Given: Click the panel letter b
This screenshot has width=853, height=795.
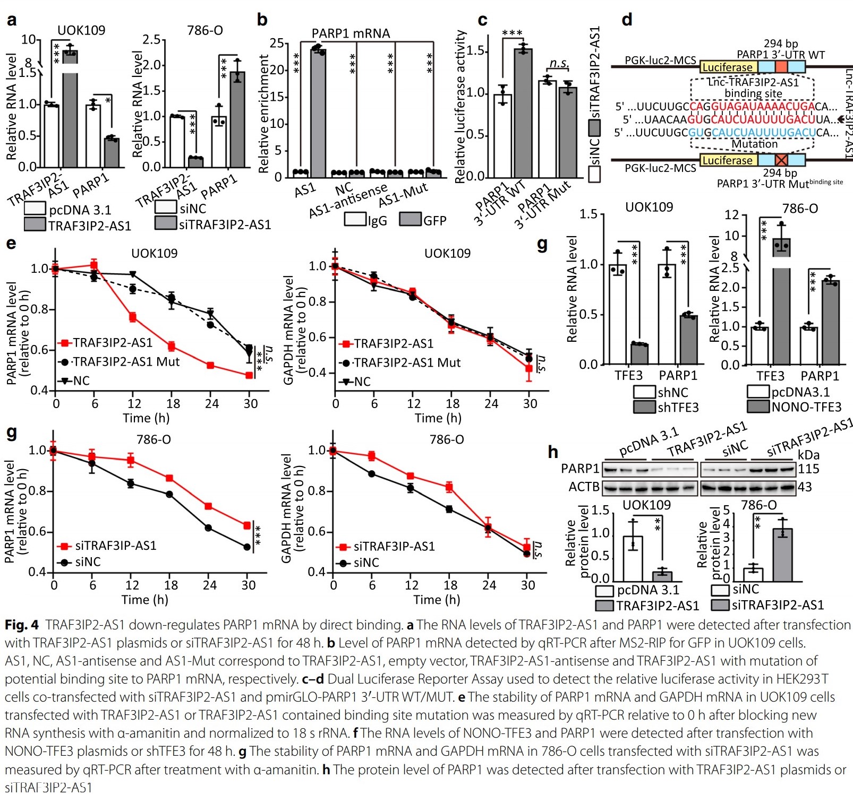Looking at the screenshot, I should [262, 20].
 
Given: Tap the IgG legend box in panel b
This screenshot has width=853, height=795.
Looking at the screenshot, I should [355, 219].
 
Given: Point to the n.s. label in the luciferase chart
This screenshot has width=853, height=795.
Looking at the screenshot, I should [558, 63].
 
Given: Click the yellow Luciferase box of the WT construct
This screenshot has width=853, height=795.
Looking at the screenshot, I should [728, 67].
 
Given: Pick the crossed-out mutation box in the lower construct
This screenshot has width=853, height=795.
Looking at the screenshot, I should [781, 160].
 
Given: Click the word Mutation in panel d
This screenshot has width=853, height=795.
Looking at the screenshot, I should [754, 144].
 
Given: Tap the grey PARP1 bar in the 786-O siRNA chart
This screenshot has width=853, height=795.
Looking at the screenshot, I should [237, 119].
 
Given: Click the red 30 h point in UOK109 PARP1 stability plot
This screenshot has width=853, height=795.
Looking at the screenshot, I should [249, 375].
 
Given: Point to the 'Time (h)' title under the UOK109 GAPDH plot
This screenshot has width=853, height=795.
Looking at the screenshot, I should [438, 418].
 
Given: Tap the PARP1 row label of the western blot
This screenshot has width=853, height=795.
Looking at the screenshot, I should [580, 469].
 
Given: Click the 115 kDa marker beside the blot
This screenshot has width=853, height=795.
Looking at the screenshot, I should [808, 469].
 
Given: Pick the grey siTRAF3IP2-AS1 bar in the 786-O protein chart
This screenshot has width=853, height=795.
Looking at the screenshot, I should [782, 555].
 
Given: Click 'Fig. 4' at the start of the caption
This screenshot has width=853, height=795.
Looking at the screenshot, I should [22, 625].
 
